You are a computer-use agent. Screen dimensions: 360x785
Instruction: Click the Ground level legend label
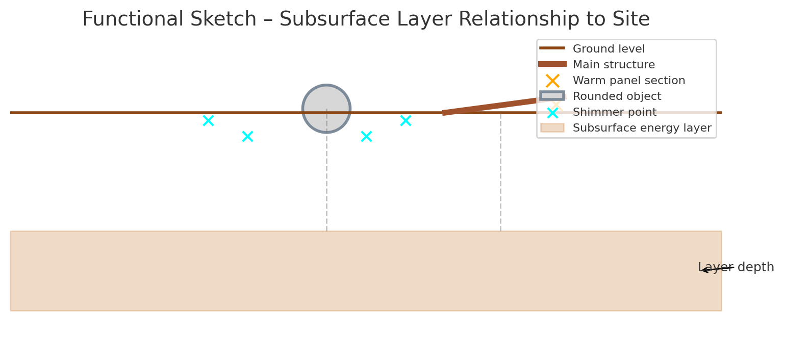609,49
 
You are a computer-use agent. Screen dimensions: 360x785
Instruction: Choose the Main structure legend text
614,65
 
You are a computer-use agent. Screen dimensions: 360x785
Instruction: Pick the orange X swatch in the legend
552,81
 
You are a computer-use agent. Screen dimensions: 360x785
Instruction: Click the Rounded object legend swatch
552,96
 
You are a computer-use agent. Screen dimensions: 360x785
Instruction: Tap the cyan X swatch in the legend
552,113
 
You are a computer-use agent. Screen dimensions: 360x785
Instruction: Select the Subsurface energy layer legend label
642,128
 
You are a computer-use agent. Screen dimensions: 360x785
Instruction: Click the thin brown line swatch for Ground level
552,48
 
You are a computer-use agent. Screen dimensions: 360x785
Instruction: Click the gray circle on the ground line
326,109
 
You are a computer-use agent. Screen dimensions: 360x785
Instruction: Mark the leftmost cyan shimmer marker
208,121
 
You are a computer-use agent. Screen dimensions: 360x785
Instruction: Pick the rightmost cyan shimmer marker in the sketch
406,121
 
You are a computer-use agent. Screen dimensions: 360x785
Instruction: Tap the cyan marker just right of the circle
366,137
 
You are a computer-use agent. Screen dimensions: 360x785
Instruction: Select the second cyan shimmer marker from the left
247,137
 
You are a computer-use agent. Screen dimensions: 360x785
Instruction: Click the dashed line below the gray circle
326,184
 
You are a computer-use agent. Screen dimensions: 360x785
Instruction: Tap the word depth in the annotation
755,268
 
